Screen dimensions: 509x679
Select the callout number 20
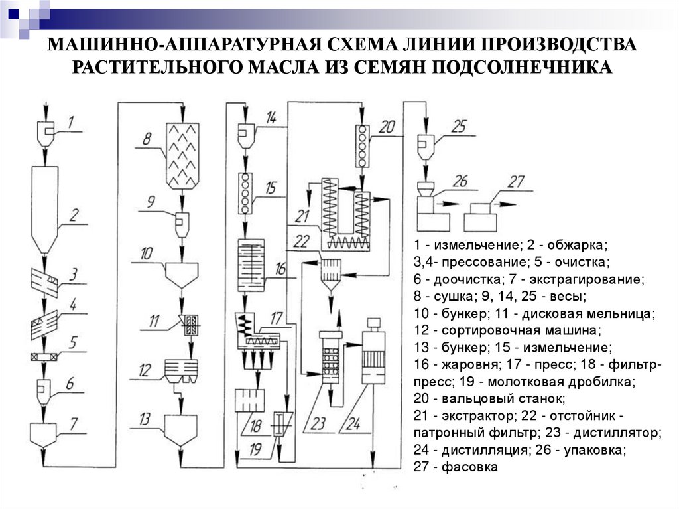(x=389, y=127)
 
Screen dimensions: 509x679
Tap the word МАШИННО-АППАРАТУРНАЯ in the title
(x=175, y=45)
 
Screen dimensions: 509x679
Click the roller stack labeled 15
(x=247, y=192)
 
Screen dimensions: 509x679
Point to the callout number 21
(x=303, y=216)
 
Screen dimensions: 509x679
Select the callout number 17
(x=276, y=317)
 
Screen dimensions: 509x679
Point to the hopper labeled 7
(x=45, y=435)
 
